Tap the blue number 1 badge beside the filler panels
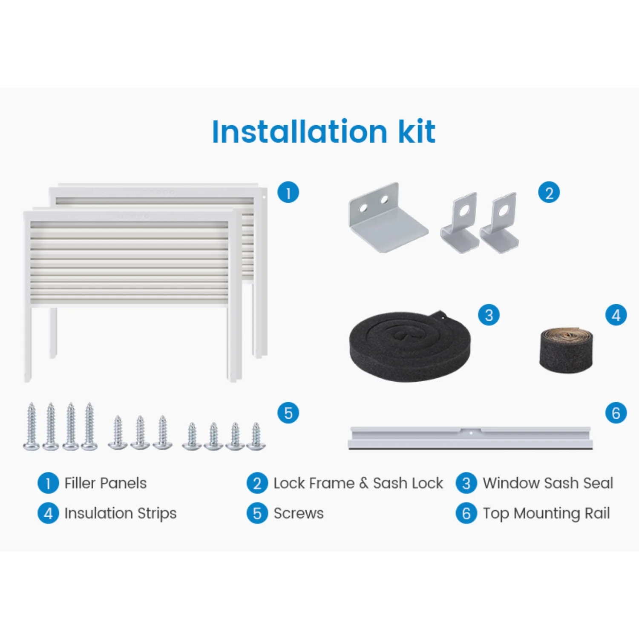tap(288, 193)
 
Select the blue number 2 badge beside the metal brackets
tap(549, 193)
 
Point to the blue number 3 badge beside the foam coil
tap(489, 315)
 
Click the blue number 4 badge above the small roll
tap(616, 315)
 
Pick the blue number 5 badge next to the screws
tap(288, 413)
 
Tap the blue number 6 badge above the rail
tap(616, 413)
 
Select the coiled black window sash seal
tap(410, 346)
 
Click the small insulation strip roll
tap(566, 350)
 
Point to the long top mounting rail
tap(470, 438)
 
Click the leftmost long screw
tap(31, 426)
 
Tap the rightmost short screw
tap(256, 436)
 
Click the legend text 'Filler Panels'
tap(105, 483)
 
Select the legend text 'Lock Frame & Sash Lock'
tap(358, 483)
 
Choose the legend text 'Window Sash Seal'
tap(548, 483)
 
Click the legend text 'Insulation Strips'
tap(120, 514)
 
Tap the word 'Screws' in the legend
tap(299, 513)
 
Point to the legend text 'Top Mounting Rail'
tap(546, 514)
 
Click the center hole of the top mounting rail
tap(471, 433)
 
